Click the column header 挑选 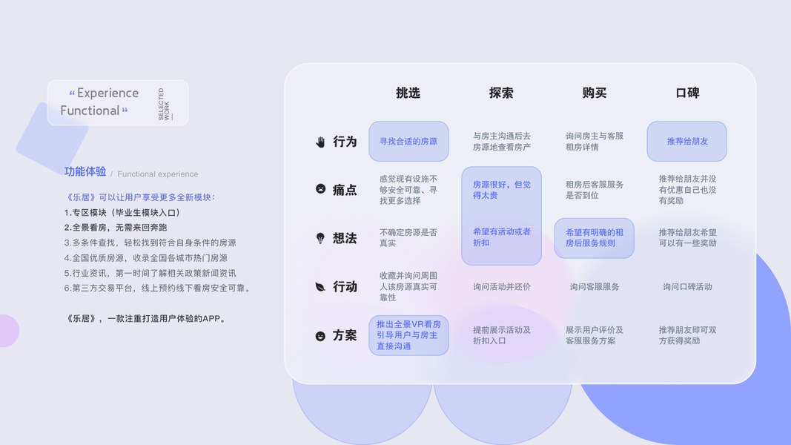[408, 93]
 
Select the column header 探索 [501, 93]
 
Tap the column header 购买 [595, 93]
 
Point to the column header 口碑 [687, 93]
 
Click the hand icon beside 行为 [320, 142]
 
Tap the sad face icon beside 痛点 [320, 189]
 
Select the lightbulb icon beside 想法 [320, 238]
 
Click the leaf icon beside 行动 [320, 286]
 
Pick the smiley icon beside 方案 [320, 336]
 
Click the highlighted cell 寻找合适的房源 [408, 141]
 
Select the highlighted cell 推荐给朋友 [687, 141]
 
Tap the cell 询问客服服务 [595, 286]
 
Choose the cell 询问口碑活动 [687, 286]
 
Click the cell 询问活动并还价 [502, 286]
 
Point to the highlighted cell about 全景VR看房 [408, 335]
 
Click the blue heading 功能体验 [85, 171]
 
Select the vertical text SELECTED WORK [165, 105]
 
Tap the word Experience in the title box [107, 93]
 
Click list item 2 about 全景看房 [116, 228]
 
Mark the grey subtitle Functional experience [158, 174]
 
